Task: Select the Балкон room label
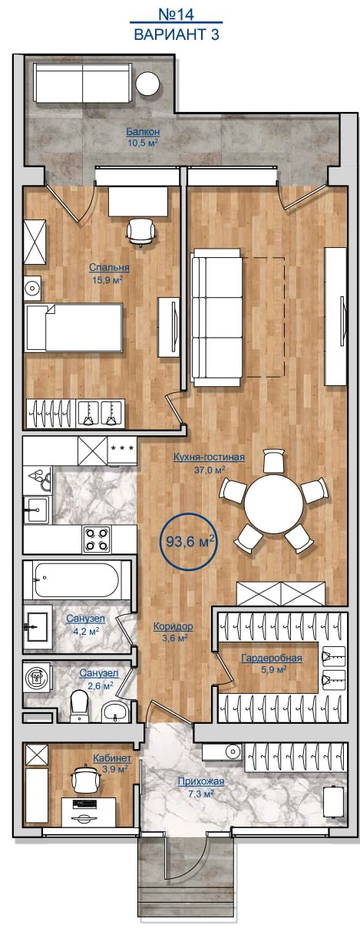(143, 132)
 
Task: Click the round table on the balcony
(147, 84)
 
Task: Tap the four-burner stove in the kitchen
(97, 539)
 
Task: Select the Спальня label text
(109, 267)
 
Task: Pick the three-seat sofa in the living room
(216, 317)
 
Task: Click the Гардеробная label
(272, 658)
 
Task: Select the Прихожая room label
(201, 782)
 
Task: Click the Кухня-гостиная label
(209, 457)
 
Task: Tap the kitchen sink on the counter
(37, 509)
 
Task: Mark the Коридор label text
(173, 626)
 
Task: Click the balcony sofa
(83, 83)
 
